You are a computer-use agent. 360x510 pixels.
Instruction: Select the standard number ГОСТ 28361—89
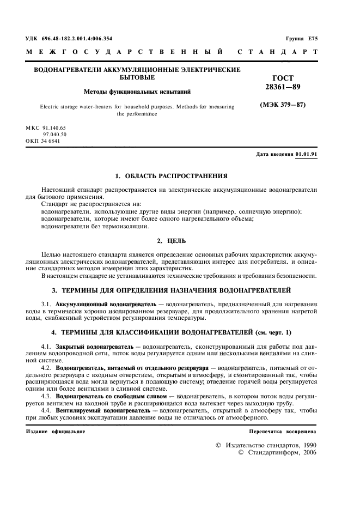(x=281, y=82)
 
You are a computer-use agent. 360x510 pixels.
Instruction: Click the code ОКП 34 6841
(x=43, y=141)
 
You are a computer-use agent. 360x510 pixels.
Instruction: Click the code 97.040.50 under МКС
(x=55, y=134)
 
